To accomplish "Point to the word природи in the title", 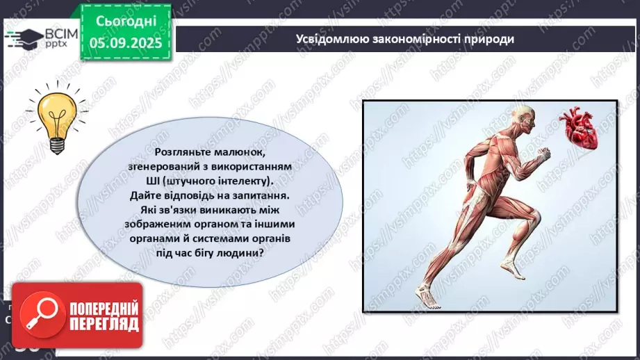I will pos(491,39).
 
